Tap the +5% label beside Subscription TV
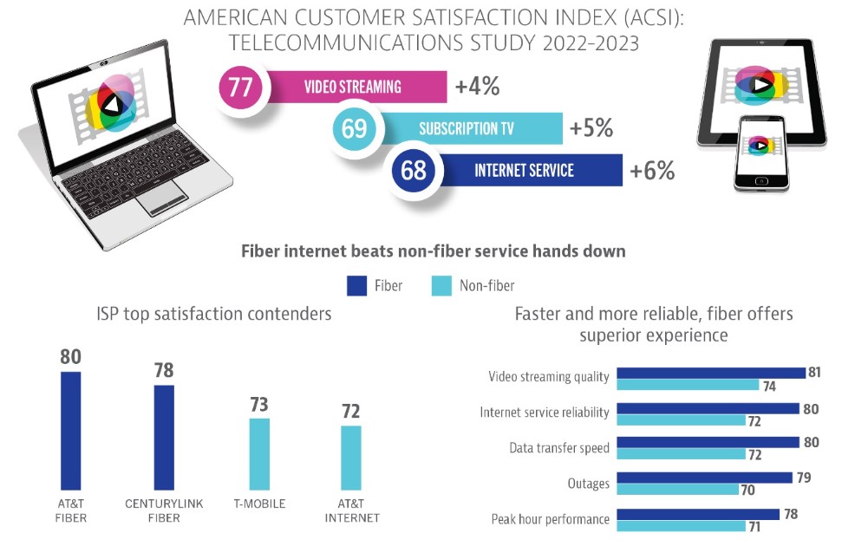pyautogui.click(x=591, y=128)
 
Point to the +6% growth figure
pyautogui.click(x=652, y=171)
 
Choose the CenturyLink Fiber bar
pyautogui.click(x=164, y=437)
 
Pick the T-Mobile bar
pyautogui.click(x=259, y=453)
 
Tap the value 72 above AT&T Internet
pyautogui.click(x=350, y=411)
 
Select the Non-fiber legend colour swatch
pyautogui.click(x=441, y=285)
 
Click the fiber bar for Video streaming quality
pyautogui.click(x=710, y=374)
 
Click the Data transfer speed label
pyautogui.click(x=559, y=448)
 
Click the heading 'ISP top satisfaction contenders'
pyautogui.click(x=214, y=314)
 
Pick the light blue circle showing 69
pyautogui.click(x=354, y=129)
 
